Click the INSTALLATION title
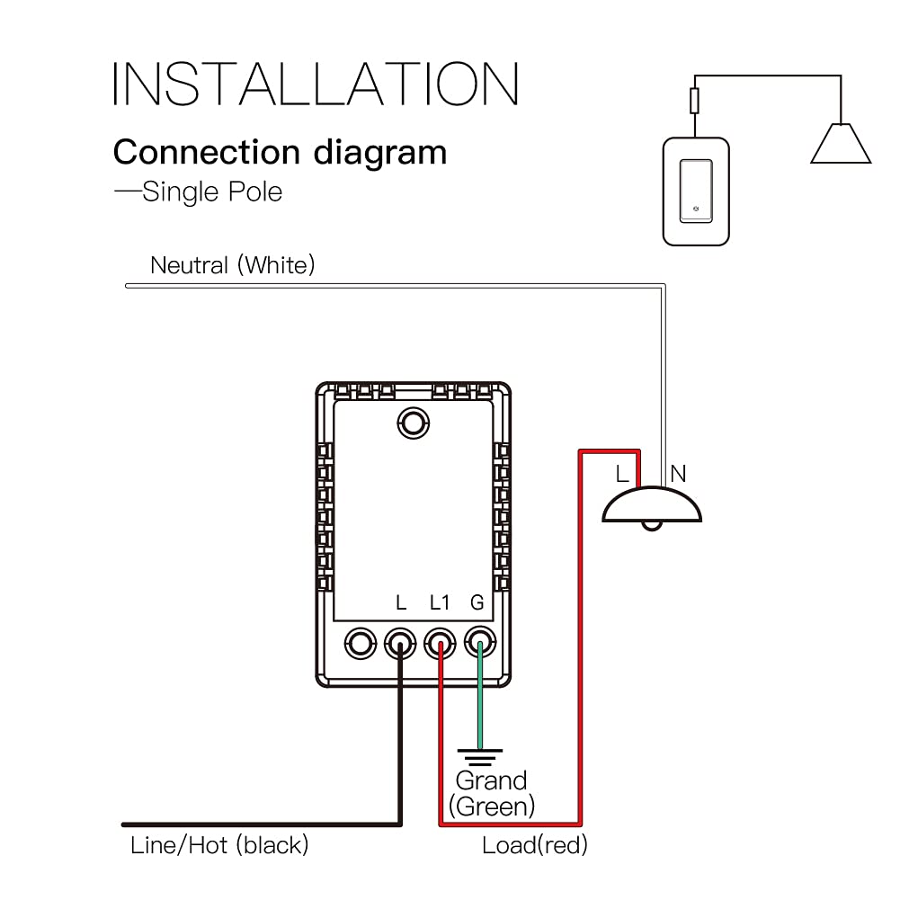(316, 85)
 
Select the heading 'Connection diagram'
(280, 152)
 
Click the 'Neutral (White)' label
(233, 265)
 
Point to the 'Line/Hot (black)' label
(219, 845)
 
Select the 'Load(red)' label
(535, 845)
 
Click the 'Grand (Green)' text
(492, 793)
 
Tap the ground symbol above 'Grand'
(479, 755)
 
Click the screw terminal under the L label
(399, 643)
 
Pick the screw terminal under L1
(439, 643)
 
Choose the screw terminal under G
(479, 643)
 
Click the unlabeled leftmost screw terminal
(360, 643)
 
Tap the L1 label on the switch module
(439, 602)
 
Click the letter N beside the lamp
(678, 473)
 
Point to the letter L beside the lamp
(622, 473)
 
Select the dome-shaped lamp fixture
(652, 506)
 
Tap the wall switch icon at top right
(695, 191)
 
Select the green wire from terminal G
(479, 701)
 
